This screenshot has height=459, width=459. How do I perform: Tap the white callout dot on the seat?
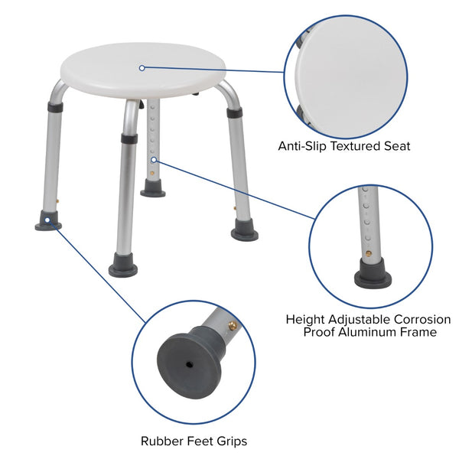[x=142, y=67]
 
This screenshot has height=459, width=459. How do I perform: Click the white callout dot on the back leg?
[x=154, y=159]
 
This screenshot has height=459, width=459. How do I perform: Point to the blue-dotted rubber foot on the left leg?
[x=48, y=223]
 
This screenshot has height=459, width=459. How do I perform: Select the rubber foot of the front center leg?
[x=122, y=268]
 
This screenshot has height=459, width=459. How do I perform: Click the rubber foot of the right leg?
[x=245, y=230]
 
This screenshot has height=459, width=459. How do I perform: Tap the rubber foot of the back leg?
[x=152, y=190]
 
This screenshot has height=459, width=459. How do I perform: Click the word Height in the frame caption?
[x=306, y=319]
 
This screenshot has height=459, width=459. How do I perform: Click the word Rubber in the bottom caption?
[x=159, y=441]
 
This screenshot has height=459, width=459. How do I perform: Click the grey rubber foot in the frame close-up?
[x=373, y=273]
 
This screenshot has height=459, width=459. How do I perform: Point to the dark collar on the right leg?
[x=234, y=112]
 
